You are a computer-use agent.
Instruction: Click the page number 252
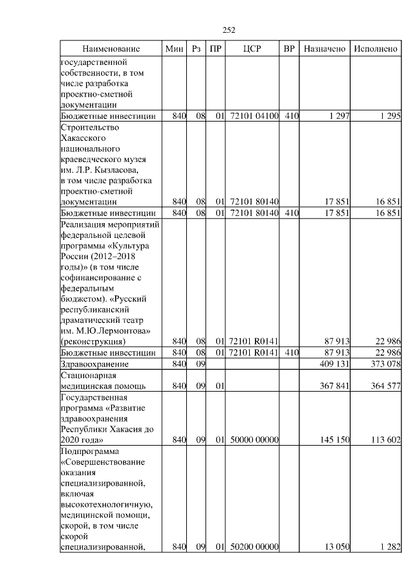coord(229,30)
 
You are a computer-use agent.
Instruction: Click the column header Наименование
coord(110,50)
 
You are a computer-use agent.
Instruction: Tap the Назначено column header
coord(324,50)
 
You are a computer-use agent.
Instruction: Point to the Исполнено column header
coord(376,50)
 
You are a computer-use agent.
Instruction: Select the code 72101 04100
coord(254,116)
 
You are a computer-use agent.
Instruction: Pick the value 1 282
coord(389,547)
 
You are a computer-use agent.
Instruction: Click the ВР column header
coord(290,50)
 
